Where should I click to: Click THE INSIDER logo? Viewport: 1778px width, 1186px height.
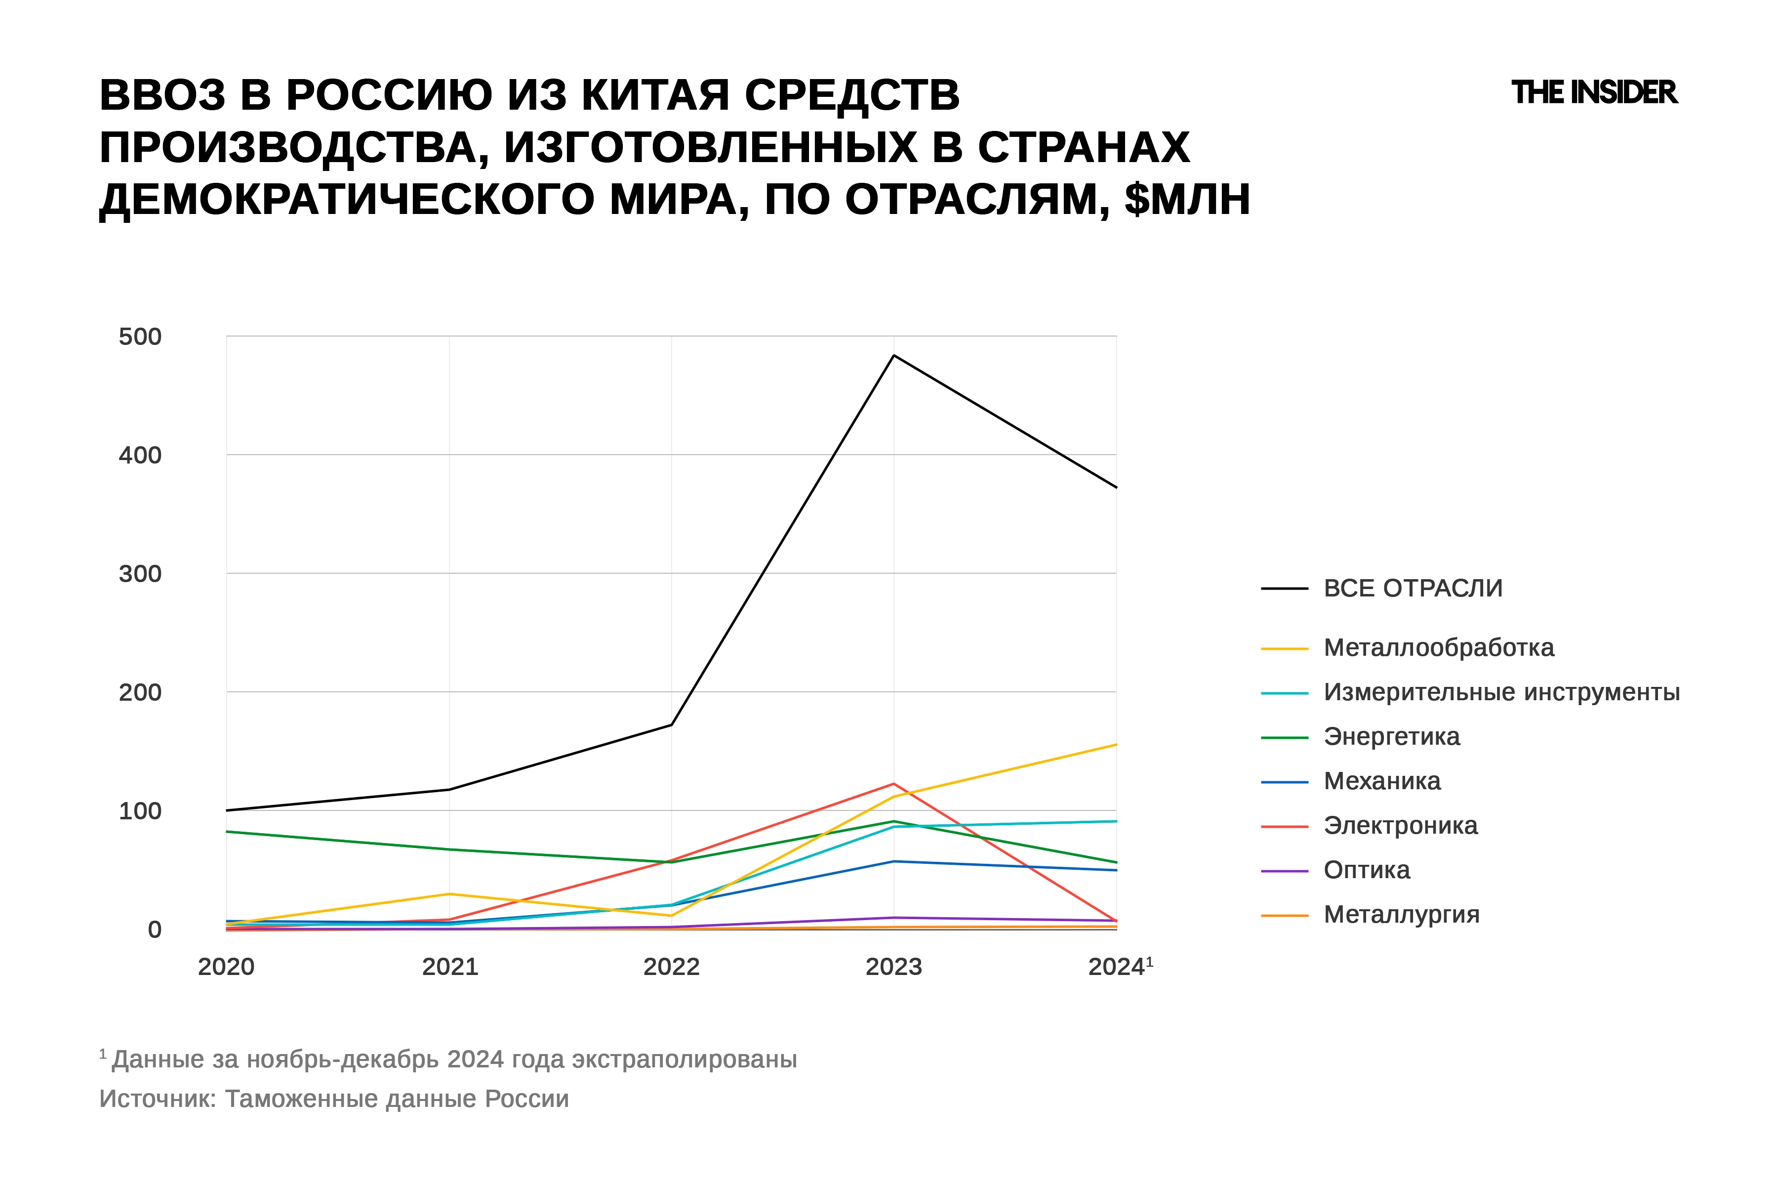coord(1594,92)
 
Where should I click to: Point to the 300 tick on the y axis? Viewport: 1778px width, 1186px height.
coord(140,574)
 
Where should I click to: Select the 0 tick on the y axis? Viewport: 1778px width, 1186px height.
coord(154,930)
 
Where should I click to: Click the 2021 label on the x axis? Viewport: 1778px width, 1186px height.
coord(450,967)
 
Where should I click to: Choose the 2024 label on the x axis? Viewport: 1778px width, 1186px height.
coord(1117,967)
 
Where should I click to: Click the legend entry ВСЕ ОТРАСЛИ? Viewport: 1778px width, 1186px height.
coord(1412,589)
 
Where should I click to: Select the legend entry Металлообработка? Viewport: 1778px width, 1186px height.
coord(1438,648)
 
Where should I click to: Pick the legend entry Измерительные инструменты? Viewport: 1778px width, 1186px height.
coord(1500,692)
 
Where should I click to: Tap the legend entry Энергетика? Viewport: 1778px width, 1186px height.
coord(1391,737)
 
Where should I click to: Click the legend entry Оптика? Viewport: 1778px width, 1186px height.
coord(1366,871)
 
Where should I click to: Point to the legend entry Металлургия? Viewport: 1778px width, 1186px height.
coord(1401,915)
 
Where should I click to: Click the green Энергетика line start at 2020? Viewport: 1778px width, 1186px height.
coord(228,832)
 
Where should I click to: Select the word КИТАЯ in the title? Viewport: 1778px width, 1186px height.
coord(655,96)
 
